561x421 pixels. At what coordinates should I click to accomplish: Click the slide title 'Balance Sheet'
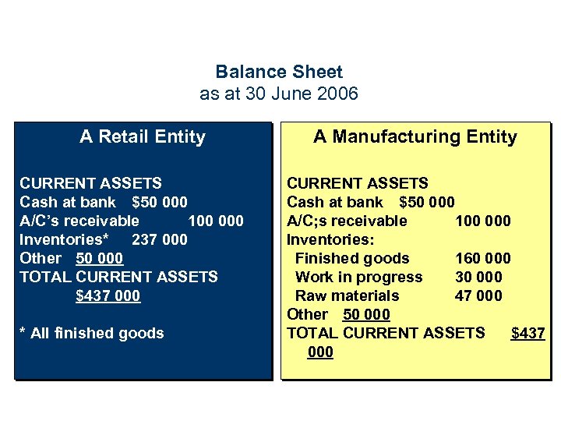(279, 72)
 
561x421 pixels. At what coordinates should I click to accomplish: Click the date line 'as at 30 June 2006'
(279, 94)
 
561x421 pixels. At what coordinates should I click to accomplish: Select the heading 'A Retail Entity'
(143, 137)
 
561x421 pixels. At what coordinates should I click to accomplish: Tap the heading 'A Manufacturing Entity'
(415, 137)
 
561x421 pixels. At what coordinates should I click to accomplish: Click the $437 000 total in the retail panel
(108, 295)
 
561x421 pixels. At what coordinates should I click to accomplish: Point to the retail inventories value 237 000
(160, 239)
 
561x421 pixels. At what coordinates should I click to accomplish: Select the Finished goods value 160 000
(483, 258)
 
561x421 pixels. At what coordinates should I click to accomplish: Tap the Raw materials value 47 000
(478, 295)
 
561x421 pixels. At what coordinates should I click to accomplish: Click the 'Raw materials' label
(347, 295)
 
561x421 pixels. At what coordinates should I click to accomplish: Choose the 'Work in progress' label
(358, 277)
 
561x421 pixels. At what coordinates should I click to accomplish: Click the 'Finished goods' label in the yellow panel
(352, 258)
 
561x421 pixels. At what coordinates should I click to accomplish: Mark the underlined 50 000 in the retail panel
(100, 258)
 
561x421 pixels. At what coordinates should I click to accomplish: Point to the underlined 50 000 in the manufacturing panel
(366, 314)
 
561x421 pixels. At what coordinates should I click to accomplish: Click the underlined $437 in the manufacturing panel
(527, 333)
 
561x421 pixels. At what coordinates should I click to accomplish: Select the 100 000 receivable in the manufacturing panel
(483, 221)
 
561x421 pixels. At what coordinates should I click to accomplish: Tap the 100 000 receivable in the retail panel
(216, 221)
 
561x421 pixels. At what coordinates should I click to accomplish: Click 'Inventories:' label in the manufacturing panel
(327, 239)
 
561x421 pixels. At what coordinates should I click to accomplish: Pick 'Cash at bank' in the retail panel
(65, 202)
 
